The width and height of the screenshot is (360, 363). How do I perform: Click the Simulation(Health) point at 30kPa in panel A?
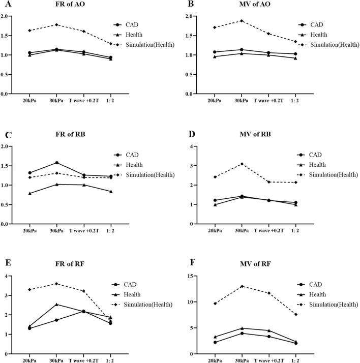click(56, 25)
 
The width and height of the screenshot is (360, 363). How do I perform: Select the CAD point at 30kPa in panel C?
click(56, 163)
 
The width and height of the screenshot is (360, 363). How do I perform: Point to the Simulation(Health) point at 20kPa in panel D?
click(215, 177)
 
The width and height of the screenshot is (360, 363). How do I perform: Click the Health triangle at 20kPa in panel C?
click(29, 193)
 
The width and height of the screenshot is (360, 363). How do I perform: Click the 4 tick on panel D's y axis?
click(200, 146)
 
